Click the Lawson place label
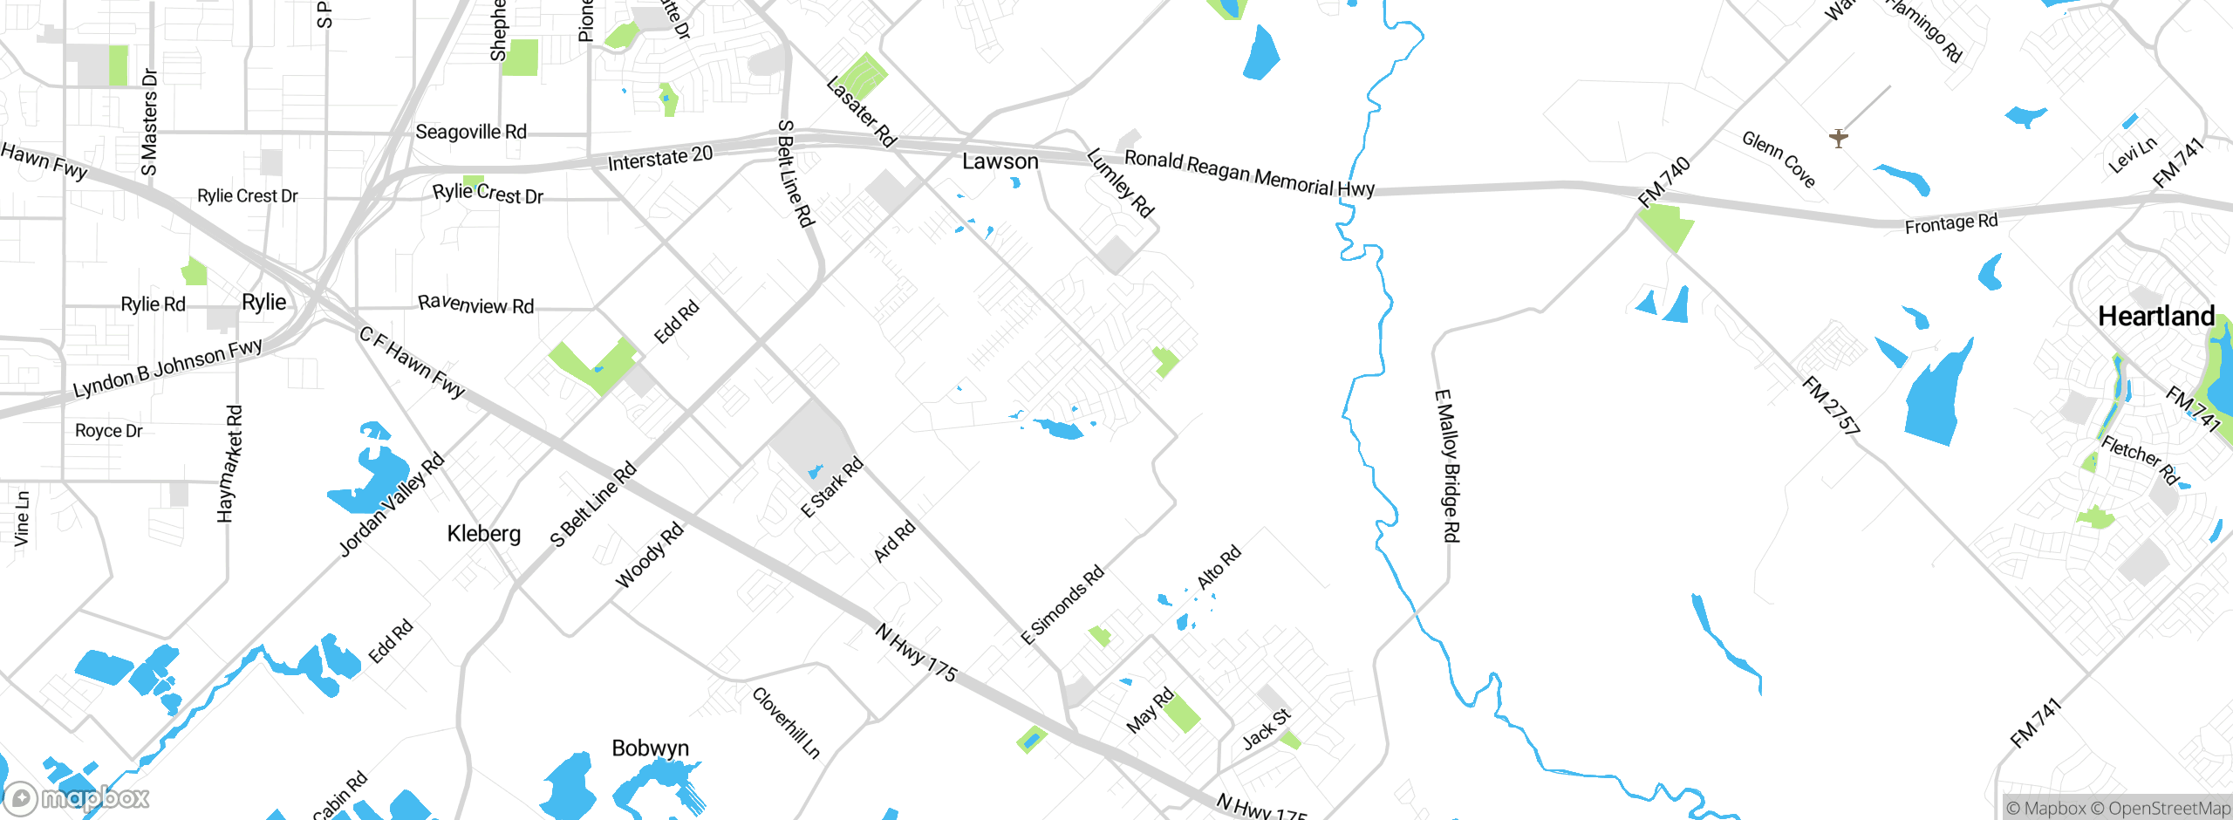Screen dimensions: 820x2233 (x=1000, y=161)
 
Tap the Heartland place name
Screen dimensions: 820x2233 (x=2155, y=316)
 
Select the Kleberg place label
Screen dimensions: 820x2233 (x=483, y=533)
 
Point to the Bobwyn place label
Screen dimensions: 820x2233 (x=650, y=748)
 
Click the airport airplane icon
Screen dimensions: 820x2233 (x=1839, y=138)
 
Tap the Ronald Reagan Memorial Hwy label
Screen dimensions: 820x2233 (x=1249, y=173)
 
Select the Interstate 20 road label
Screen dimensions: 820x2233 (x=659, y=159)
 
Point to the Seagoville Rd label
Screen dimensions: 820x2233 (x=471, y=132)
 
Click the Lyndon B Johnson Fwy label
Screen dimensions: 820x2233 (x=167, y=367)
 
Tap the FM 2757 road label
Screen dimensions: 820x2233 (x=1831, y=405)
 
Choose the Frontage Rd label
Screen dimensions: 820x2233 (x=1950, y=223)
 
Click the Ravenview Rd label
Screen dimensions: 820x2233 (x=475, y=304)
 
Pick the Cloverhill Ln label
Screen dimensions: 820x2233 (x=786, y=722)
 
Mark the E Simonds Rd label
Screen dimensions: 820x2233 (x=1062, y=605)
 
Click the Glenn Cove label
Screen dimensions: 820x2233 (x=1779, y=159)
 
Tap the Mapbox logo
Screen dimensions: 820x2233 (x=77, y=797)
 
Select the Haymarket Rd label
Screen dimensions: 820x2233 (x=229, y=463)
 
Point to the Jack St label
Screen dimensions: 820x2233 (x=1266, y=729)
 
